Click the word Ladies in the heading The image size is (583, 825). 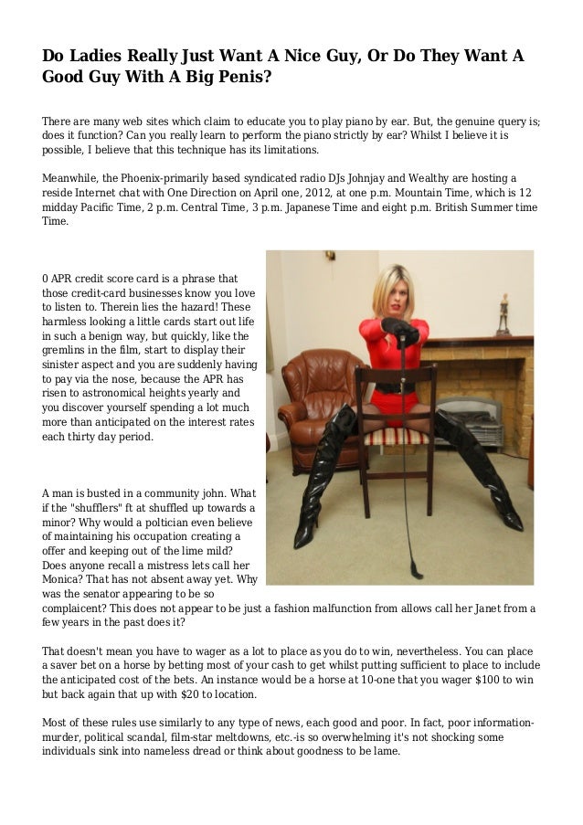point(96,57)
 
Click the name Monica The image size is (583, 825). point(69,579)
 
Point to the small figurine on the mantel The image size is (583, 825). point(502,314)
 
